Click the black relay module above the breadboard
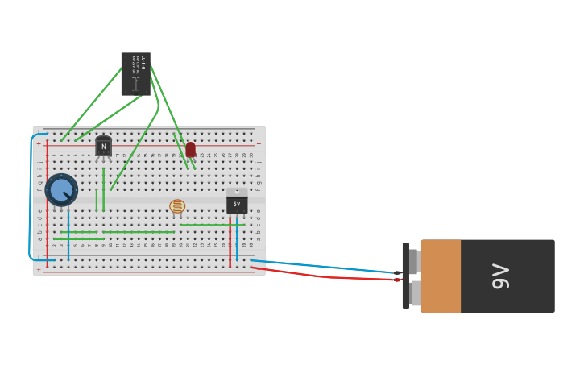pos(135,74)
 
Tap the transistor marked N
pos(103,147)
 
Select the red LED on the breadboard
pos(191,150)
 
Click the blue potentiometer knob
pos(61,190)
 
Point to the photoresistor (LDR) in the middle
pos(177,206)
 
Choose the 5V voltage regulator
pos(237,203)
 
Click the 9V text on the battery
pos(500,276)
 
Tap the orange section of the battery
pos(441,276)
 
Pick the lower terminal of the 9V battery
pos(414,292)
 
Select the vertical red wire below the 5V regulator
pos(230,246)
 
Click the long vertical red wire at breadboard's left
pos(47,201)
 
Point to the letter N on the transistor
pos(103,147)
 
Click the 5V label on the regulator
pos(237,205)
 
